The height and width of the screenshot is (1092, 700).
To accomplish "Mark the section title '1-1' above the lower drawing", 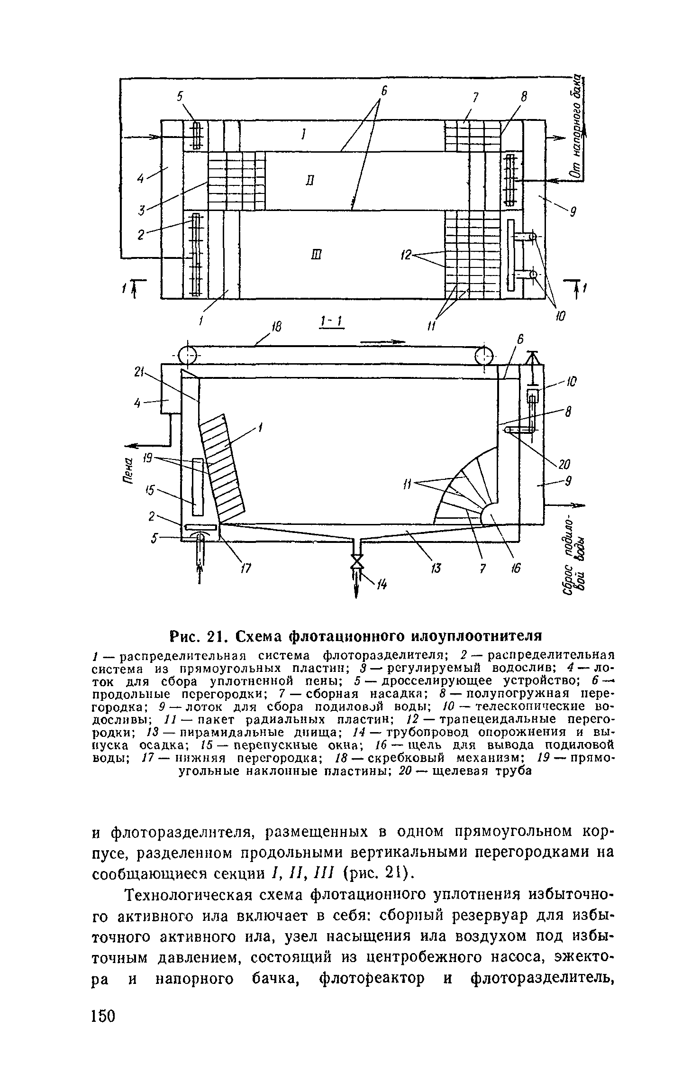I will [331, 323].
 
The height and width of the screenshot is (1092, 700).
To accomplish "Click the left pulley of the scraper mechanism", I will [188, 354].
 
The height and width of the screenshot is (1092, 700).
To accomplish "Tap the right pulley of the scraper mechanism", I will [484, 354].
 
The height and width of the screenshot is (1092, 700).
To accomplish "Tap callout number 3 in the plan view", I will [141, 210].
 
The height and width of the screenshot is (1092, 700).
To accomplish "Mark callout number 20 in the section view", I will [564, 463].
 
